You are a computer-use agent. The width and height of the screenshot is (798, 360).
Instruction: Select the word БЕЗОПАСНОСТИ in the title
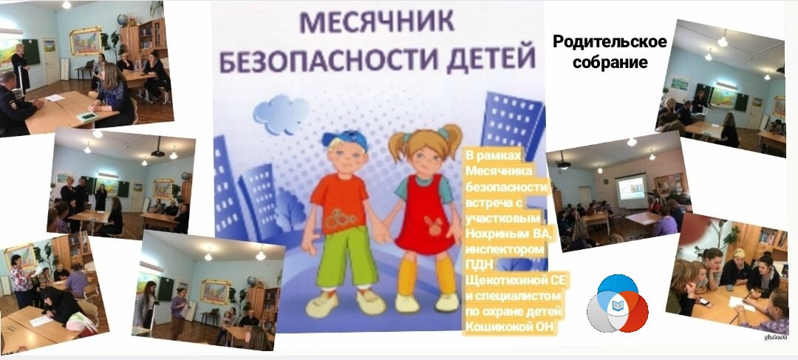coord(327,60)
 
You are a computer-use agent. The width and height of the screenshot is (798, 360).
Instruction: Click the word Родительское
coord(609,42)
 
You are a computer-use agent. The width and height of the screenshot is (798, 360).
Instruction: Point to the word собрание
coord(610,61)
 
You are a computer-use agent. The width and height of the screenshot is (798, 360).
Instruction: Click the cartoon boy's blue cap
coord(344,139)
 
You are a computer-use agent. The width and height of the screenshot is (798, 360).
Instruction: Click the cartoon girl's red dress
coord(424,218)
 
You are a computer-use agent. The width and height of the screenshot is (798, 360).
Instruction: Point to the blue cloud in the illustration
coord(282,114)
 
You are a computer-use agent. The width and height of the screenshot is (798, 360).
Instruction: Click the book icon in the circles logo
coord(617,305)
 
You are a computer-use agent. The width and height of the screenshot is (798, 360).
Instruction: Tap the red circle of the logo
coord(630,311)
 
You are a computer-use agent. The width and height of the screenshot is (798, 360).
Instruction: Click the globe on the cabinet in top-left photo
coord(122,20)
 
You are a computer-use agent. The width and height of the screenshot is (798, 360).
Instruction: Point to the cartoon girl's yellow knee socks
coord(426,276)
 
